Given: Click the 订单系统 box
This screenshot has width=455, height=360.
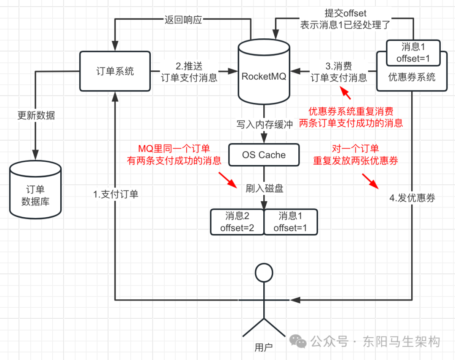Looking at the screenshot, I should (x=115, y=71).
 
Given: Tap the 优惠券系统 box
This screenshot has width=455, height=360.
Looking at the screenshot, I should (x=412, y=77).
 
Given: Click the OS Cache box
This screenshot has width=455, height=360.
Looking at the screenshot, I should (x=264, y=155).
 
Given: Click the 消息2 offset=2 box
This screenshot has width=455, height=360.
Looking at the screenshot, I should (x=237, y=222).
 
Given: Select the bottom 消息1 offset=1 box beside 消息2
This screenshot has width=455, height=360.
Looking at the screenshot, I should (x=290, y=222).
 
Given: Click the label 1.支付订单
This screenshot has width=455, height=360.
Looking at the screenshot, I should (x=115, y=195).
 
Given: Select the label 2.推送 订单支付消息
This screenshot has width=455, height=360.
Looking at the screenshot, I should (x=189, y=72).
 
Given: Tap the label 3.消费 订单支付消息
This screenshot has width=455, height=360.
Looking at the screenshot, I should (x=339, y=72).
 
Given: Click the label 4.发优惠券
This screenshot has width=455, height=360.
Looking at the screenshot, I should (x=412, y=198).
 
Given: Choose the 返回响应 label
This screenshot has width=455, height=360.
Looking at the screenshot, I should (x=183, y=20).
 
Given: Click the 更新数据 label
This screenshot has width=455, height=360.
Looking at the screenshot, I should (x=36, y=115).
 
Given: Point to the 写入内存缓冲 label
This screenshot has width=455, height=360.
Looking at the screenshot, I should (x=264, y=125).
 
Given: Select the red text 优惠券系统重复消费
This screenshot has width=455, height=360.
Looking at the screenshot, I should (x=351, y=112).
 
